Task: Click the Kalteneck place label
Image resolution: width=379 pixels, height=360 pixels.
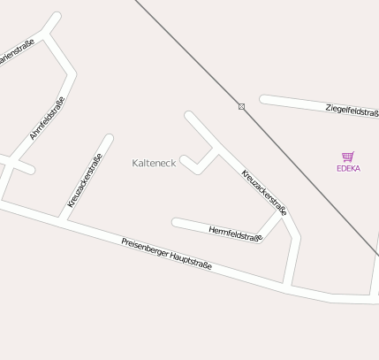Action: [154, 163]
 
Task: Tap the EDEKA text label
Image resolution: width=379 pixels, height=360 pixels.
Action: [348, 168]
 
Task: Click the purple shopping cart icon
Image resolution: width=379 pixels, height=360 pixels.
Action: [348, 157]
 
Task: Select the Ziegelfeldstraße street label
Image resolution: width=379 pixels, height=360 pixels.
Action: [352, 111]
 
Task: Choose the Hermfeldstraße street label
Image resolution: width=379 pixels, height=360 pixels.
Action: [235, 233]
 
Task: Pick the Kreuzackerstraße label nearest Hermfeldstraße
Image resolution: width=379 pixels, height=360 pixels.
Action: [264, 192]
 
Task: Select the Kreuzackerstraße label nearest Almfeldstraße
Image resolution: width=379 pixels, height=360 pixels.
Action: [85, 180]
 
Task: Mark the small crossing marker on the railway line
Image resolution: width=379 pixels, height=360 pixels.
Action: [241, 107]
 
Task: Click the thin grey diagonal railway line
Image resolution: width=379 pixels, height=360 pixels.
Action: [300, 164]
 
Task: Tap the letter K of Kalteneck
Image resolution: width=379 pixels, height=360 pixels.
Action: [135, 163]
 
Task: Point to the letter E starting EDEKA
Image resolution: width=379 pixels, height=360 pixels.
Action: [338, 168]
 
